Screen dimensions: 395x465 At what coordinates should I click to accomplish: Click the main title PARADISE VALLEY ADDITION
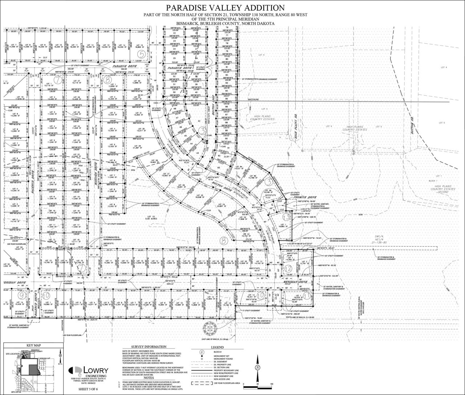pos(223,8)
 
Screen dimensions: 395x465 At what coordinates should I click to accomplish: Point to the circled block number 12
pos(288,268)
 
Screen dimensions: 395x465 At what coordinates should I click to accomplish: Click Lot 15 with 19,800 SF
pos(139,46)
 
